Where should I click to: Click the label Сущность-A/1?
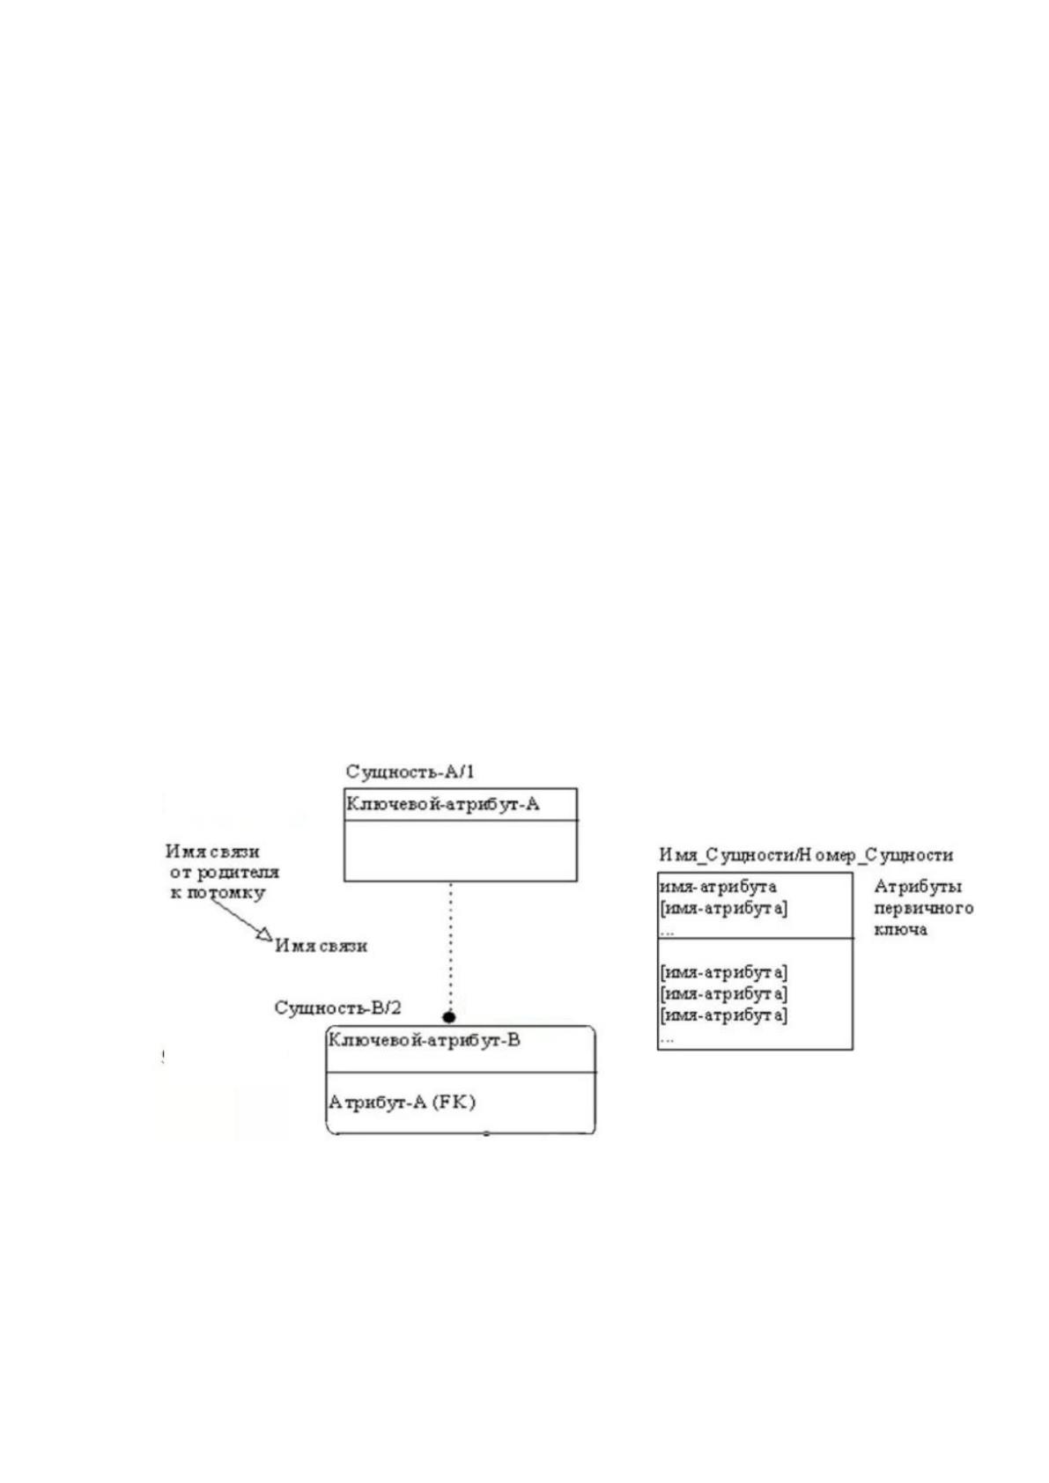410,771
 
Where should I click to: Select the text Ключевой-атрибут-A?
442,804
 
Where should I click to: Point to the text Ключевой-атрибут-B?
424,1039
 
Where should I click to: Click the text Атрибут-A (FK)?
402,1103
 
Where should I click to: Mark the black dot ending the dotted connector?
449,1017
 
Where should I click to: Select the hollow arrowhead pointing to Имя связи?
264,934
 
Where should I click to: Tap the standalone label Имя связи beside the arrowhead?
321,946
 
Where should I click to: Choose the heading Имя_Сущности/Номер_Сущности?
806,855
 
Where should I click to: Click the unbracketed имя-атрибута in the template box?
718,886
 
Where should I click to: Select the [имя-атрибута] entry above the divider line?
724,908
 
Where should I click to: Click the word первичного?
923,908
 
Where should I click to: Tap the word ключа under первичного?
900,929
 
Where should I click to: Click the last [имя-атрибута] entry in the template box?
724,1014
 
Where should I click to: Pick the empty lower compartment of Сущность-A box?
461,851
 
